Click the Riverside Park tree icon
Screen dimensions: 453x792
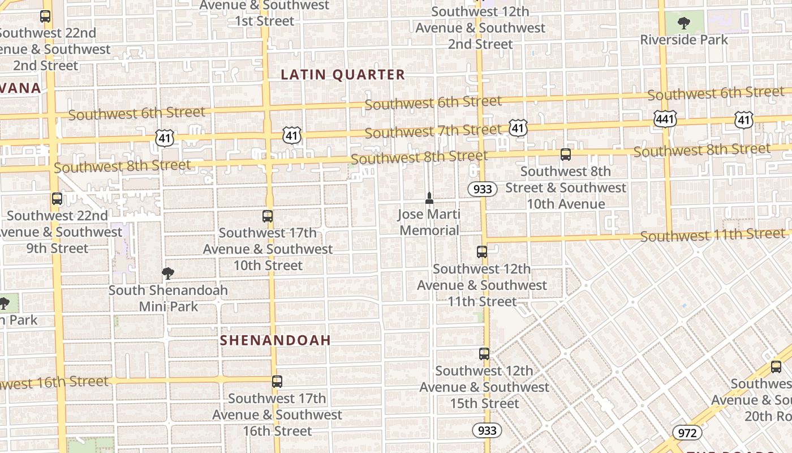684,23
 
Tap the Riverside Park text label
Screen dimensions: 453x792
684,40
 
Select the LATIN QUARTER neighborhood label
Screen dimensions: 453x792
343,75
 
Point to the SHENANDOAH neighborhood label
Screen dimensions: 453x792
275,340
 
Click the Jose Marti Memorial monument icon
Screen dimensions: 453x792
429,198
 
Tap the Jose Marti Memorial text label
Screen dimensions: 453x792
429,223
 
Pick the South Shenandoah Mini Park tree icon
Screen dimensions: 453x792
167,273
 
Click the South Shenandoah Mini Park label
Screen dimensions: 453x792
168,298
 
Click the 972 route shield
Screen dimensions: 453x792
687,433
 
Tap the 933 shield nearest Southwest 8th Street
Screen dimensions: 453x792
482,189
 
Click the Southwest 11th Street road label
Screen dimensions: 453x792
713,234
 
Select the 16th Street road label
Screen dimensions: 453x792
54,383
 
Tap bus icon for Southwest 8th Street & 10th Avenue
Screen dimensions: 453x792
565,154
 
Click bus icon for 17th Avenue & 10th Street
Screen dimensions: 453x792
268,216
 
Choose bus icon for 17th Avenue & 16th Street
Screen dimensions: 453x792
277,382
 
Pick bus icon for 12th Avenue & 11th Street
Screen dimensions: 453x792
482,252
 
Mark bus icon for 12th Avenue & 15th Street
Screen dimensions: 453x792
484,354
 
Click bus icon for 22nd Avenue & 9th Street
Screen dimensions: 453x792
57,199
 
